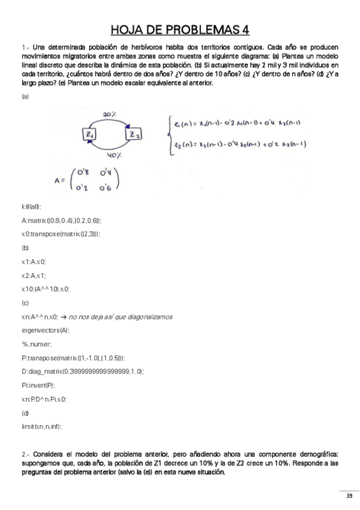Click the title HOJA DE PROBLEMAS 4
[x=180, y=30]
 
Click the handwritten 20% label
[x=109, y=114]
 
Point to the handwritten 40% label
[x=115, y=156]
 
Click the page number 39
[x=349, y=496]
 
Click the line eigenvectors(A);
[x=46, y=330]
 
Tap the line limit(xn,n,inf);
[x=41, y=426]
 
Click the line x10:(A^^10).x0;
[x=46, y=289]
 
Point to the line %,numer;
[x=36, y=344]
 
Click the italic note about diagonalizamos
[x=121, y=316]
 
